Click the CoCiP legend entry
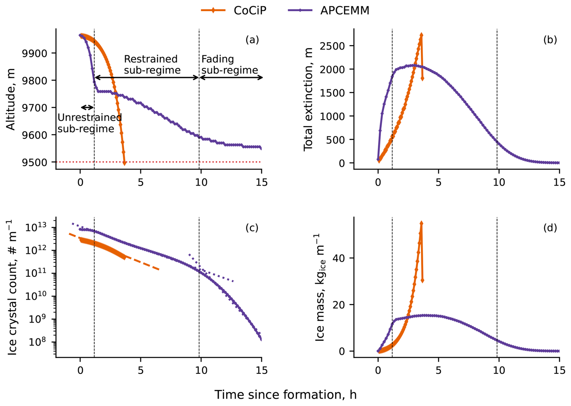[234, 11]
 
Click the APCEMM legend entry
[329, 11]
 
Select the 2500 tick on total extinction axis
[332, 46]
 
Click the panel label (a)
[252, 39]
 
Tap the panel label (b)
[550, 39]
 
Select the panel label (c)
[252, 228]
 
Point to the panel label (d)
[550, 228]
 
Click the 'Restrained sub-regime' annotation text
[152, 65]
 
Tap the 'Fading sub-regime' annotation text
[229, 65]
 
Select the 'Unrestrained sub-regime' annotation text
[89, 123]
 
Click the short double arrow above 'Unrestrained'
[87, 108]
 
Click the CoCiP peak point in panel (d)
[421, 223]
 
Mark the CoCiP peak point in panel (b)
[421, 35]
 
